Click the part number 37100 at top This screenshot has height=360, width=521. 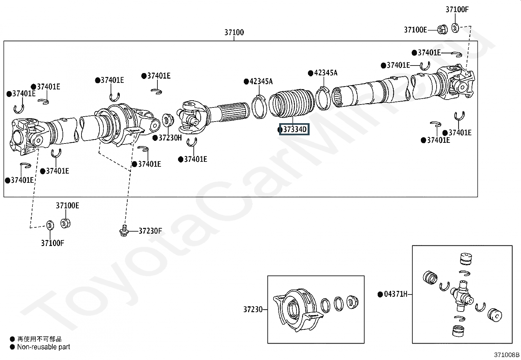(234, 32)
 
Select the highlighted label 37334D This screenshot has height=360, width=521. (294, 130)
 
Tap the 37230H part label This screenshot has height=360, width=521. (170, 138)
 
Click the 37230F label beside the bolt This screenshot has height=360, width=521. (150, 231)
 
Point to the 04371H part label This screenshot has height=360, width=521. (395, 294)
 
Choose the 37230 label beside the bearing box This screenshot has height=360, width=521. (253, 309)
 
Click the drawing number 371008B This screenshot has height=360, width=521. (507, 355)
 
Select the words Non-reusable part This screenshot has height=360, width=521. (44, 347)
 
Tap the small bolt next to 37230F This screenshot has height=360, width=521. (123, 231)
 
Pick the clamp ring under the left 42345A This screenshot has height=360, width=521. (260, 106)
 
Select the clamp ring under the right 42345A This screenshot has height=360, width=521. (323, 98)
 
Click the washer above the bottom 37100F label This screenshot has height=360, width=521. (50, 225)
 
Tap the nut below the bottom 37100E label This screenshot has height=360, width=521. (66, 223)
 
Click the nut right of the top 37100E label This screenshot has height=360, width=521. (442, 30)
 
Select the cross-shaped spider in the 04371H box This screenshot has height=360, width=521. (462, 295)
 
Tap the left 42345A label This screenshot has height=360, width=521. (261, 81)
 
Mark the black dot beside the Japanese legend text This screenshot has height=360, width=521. (12, 339)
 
